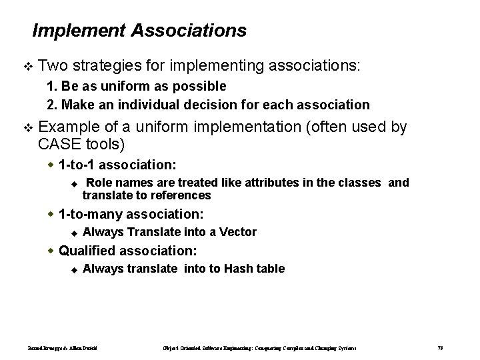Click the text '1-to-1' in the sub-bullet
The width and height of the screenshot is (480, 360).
coord(77,163)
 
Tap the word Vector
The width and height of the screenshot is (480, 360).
coord(237,232)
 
